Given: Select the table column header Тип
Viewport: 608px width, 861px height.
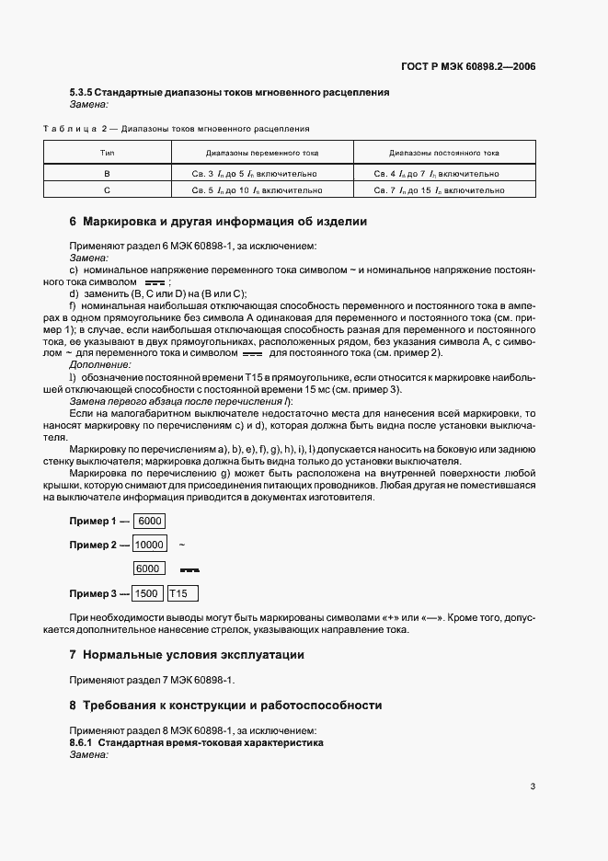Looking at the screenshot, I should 107,152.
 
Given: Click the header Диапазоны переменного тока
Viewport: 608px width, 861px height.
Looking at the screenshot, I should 261,152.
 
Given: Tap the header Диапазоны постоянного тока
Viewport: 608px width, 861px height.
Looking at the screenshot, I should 444,152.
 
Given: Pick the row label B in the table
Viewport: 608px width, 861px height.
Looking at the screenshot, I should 107,173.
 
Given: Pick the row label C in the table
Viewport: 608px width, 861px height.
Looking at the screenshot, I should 107,190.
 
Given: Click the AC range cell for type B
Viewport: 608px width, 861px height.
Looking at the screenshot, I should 261,173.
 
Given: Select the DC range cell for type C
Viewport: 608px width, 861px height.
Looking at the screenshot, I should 444,190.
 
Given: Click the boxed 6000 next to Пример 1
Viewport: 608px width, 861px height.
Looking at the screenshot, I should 150,522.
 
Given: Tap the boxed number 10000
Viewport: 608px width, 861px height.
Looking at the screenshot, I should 149,545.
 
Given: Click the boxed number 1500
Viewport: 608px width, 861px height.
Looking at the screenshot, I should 148,593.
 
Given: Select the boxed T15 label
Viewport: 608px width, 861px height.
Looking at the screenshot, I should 184,593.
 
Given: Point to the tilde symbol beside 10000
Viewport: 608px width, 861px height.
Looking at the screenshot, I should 181,545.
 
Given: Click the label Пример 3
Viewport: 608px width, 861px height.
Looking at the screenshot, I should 93,593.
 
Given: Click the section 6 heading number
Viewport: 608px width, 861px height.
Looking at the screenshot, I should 74,222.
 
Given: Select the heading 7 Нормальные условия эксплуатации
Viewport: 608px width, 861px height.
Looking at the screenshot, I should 187,655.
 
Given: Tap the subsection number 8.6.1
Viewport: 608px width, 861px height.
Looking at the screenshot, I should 82,741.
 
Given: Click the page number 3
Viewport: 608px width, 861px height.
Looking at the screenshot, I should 533,786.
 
